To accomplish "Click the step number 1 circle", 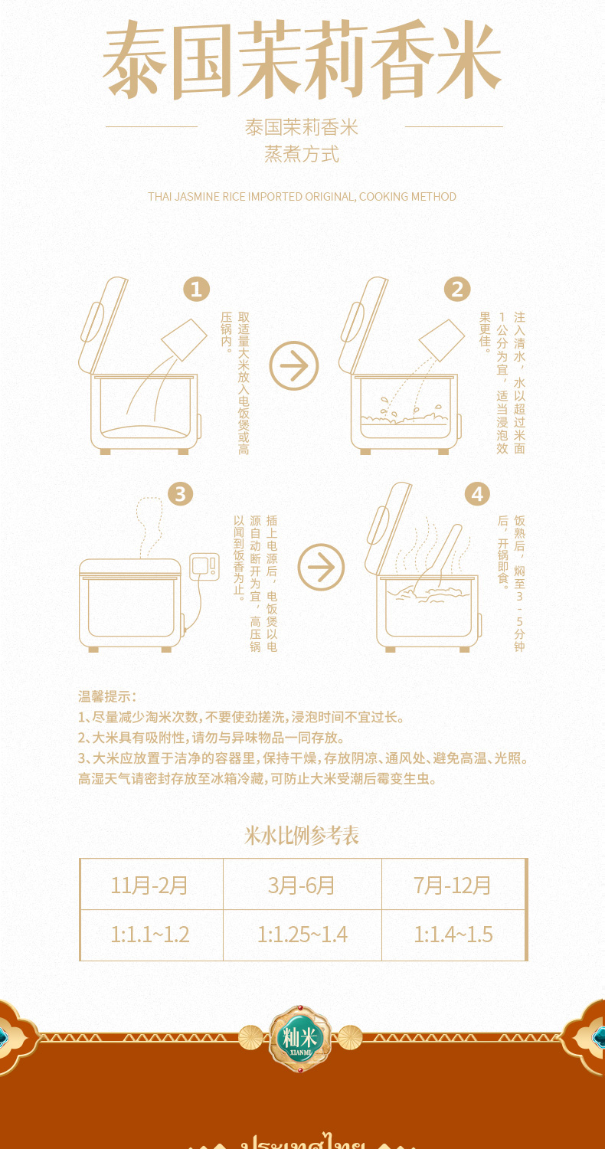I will click(196, 290).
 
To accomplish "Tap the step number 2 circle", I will click(457, 290).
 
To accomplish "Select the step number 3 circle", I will click(179, 494).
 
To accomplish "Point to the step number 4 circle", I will click(477, 494).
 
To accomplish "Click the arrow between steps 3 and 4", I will click(321, 568).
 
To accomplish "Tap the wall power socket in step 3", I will click(204, 566).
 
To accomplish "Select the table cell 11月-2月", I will click(150, 885).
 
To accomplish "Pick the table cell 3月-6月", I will click(302, 885).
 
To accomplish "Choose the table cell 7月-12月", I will click(453, 885).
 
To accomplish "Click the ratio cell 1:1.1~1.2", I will click(150, 935).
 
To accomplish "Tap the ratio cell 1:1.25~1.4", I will click(302, 935).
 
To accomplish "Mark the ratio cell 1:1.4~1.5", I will click(453, 935).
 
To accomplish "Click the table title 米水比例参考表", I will click(302, 836).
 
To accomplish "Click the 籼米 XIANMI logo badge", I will click(299, 1038).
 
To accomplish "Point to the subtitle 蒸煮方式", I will click(302, 154).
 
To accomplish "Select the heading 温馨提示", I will click(106, 696).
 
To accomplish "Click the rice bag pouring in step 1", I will click(185, 339).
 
